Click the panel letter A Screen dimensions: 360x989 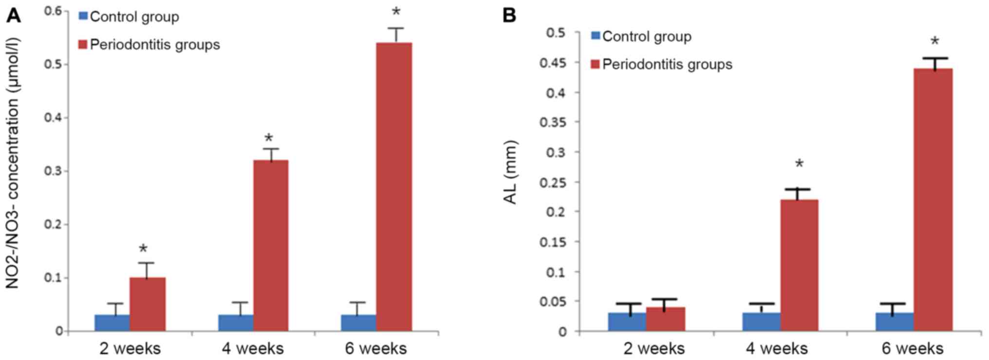(x=14, y=16)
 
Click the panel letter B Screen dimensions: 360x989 (x=509, y=16)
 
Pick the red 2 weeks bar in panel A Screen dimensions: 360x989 (x=148, y=304)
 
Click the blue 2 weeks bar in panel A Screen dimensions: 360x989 (x=112, y=322)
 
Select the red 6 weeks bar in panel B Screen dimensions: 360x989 (x=933, y=200)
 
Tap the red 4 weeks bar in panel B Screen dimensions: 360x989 (x=799, y=265)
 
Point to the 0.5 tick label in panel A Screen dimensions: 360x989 (x=54, y=64)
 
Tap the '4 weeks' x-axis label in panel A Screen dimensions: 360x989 (x=253, y=349)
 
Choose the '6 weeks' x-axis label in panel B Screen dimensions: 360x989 (x=912, y=349)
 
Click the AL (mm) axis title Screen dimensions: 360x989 (x=510, y=172)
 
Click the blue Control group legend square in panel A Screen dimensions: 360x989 (x=83, y=17)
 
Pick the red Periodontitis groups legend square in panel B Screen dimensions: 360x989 (x=595, y=64)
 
